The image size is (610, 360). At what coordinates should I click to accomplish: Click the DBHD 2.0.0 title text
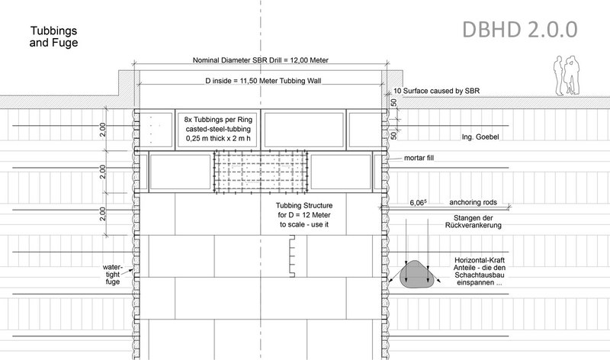pos(520,30)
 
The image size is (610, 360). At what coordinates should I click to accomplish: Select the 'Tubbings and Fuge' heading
pos(53,37)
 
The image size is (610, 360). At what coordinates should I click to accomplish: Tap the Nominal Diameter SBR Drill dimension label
pos(261,60)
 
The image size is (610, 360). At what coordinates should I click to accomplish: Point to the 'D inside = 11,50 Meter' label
pos(263,81)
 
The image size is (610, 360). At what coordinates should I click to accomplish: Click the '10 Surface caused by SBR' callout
pos(436,91)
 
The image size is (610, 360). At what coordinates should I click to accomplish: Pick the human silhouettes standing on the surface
pos(566,75)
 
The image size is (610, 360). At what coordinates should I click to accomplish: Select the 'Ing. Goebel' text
pos(480,137)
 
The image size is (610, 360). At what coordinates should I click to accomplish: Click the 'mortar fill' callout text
pos(419,158)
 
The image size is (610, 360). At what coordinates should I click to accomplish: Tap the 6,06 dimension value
pos(418,203)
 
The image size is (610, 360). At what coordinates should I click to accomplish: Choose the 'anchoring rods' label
pos(473,202)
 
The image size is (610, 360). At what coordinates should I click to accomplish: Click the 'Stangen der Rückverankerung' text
pos(473,221)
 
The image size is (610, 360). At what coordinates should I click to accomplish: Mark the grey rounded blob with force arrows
pos(416,275)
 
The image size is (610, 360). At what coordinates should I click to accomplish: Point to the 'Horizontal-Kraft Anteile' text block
pos(480,272)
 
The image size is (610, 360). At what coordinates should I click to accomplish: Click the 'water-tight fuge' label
pos(112,275)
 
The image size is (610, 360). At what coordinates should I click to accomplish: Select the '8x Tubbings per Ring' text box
pos(218,129)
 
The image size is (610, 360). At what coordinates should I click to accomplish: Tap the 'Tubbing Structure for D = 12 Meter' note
pos(304,215)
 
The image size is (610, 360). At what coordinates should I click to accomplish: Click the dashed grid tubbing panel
pos(261,172)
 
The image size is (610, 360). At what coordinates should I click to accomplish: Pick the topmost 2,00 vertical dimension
pos(102,130)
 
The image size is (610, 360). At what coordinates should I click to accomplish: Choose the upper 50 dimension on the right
pos(393,103)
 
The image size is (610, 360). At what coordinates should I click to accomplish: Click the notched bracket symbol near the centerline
pos(292,256)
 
